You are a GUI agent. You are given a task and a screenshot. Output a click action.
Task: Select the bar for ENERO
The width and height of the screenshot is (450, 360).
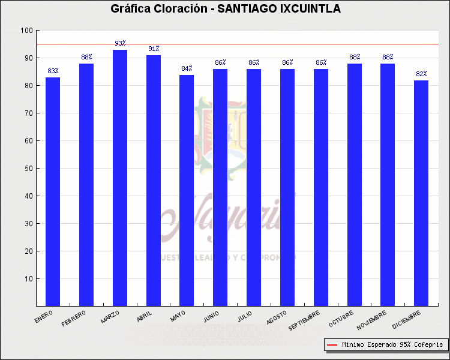pyautogui.click(x=53, y=192)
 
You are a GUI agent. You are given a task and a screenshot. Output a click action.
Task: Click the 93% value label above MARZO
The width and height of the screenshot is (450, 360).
pyautogui.click(x=120, y=43)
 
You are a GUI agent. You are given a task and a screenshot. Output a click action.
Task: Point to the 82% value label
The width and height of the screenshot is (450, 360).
pyautogui.click(x=421, y=74)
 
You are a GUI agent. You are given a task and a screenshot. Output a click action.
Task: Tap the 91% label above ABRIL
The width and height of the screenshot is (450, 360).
pyautogui.click(x=154, y=49)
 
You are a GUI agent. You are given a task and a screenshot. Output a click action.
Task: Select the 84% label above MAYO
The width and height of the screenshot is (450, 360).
pyautogui.click(x=187, y=68)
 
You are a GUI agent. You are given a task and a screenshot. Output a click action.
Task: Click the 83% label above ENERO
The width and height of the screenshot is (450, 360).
pyautogui.click(x=53, y=71)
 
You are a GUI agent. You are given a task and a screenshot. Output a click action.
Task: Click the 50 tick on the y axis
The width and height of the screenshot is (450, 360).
pyautogui.click(x=28, y=169)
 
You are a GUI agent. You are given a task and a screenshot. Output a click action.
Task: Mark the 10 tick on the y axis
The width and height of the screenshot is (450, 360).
pyautogui.click(x=28, y=279)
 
